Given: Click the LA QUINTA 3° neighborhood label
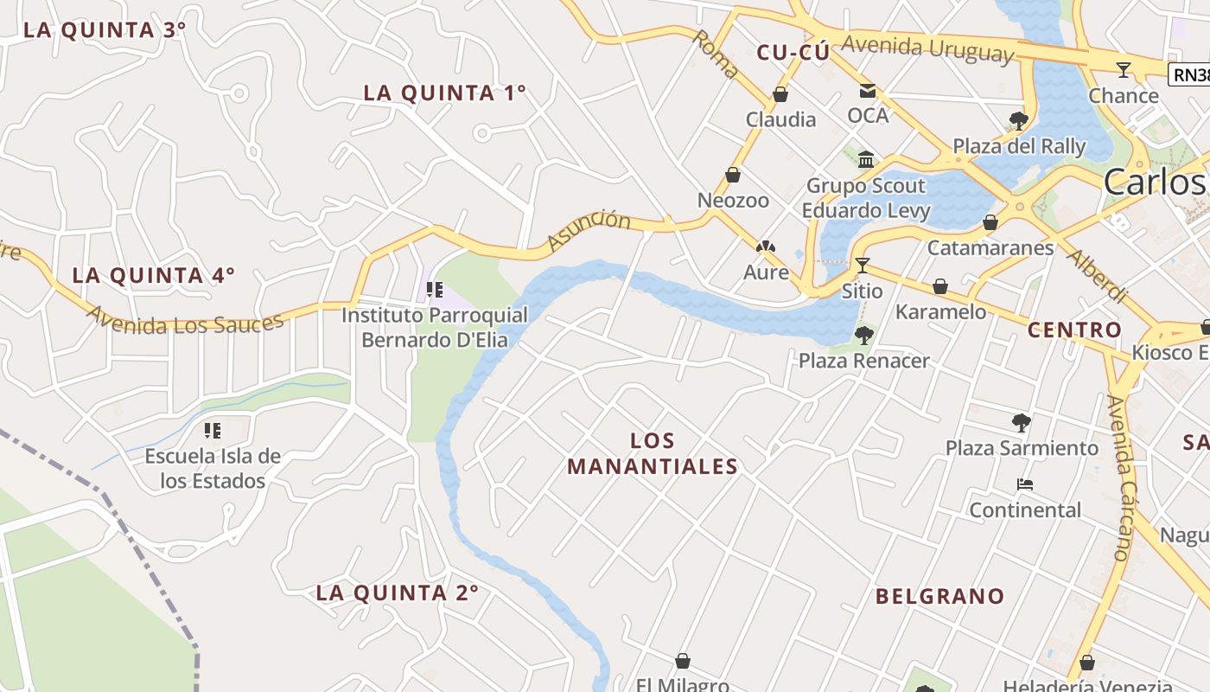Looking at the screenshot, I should [x=105, y=30].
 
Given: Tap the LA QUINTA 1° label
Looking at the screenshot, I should [x=444, y=93].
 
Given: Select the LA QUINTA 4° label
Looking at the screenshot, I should [x=153, y=276].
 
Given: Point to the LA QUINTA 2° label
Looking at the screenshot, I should [x=397, y=593].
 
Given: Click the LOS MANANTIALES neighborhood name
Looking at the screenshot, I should [x=653, y=454].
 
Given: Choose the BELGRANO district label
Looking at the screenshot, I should [x=939, y=596].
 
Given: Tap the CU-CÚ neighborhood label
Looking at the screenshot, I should [x=793, y=53].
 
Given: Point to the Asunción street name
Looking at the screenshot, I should [x=589, y=231].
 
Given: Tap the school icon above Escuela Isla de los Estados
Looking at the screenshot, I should [x=213, y=430].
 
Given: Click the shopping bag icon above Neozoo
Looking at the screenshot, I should [x=733, y=176].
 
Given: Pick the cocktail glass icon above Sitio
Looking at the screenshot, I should [x=862, y=265].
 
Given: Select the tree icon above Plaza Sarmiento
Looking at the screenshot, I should [x=1021, y=423].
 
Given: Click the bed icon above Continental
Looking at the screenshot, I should [x=1025, y=484].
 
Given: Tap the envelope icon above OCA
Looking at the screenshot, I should [x=867, y=90].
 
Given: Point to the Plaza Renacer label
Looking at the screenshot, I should [x=863, y=361].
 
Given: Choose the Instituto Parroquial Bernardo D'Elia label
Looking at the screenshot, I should [x=434, y=327].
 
